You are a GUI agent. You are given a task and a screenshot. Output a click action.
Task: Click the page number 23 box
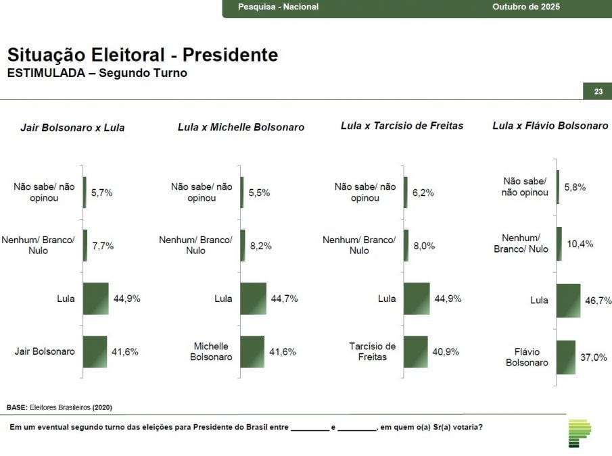point(598,92)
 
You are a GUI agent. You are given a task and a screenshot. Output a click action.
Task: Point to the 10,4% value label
point(580,244)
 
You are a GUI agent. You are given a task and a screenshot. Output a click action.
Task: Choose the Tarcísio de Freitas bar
point(415,352)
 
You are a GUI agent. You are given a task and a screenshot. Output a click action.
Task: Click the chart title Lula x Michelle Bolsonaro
point(241,127)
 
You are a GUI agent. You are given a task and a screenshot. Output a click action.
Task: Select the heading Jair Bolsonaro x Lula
point(72,127)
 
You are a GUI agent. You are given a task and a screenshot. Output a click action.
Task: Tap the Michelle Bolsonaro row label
point(211,352)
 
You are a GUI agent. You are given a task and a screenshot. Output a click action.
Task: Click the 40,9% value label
point(446,352)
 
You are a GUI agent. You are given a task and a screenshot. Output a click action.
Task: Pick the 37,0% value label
point(593,357)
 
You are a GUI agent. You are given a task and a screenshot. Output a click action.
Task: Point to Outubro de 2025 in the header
point(526,7)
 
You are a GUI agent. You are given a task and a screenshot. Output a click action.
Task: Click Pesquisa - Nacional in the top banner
point(278,7)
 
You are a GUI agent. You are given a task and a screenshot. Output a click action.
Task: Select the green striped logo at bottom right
point(579,433)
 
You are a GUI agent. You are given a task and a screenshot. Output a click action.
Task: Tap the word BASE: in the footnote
point(17,407)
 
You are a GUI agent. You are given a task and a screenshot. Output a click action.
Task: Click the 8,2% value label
point(260,247)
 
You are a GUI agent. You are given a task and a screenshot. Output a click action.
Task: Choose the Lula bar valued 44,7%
point(253,299)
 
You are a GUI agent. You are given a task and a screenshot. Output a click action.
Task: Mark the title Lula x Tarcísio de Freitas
point(402,126)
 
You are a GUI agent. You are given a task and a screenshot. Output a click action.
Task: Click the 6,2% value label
point(423,193)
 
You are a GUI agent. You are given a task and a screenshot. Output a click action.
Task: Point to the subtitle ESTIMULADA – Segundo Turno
point(97,73)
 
